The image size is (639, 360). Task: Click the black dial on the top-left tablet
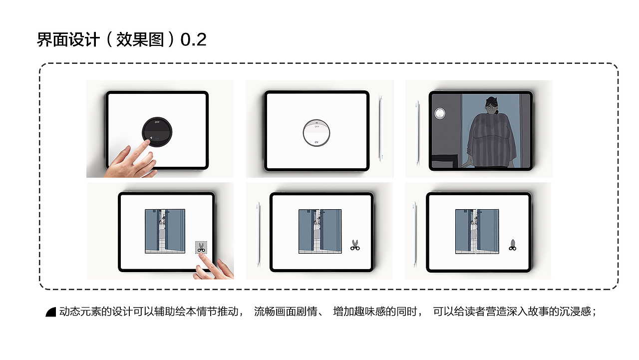pos(157,131)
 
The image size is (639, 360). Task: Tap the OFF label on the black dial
pos(157,122)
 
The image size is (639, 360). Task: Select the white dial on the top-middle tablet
pos(317,133)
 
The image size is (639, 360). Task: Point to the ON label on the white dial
pos(317,142)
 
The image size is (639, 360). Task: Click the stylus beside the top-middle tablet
pos(381,127)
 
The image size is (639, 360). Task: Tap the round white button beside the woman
pos(439,114)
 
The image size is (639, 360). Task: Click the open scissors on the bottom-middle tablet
pos(355,245)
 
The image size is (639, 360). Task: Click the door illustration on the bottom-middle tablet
pos(320,231)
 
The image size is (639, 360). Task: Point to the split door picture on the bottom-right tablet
pos(477,231)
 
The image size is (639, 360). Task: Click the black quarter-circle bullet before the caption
pos(51,312)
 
